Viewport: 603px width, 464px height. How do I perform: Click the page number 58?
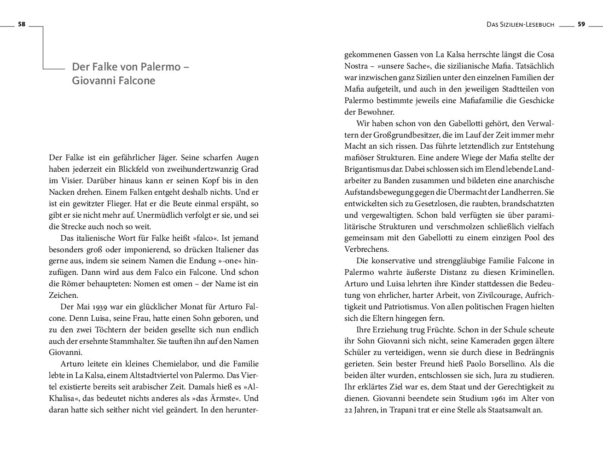tap(21, 25)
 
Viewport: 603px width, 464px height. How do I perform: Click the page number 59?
tap(581, 24)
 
